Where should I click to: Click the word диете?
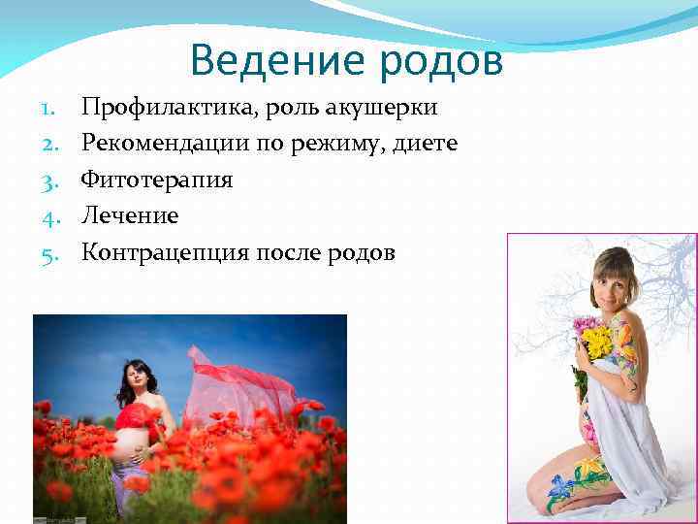pyautogui.click(x=424, y=144)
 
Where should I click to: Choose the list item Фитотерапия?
pyautogui.click(x=157, y=180)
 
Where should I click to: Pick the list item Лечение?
pyautogui.click(x=130, y=216)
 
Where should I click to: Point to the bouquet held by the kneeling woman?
pyautogui.click(x=592, y=340)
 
